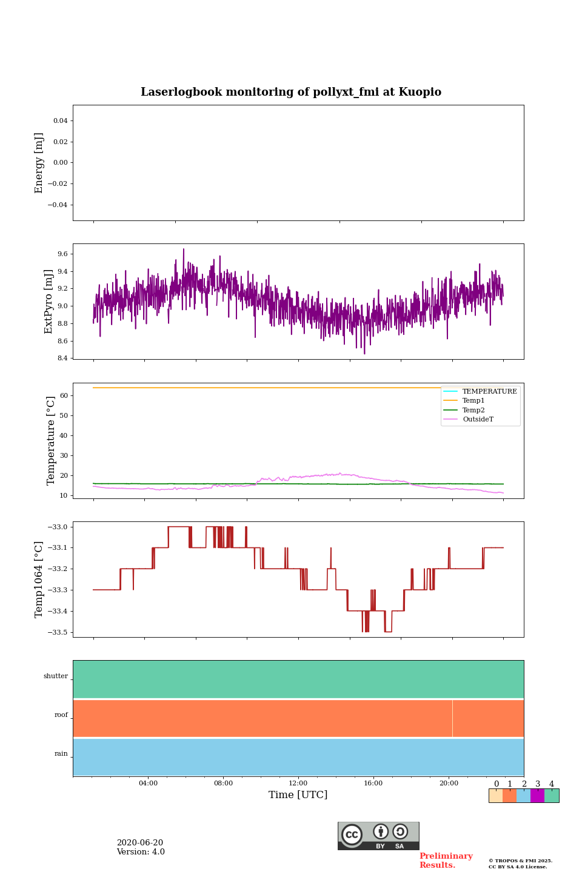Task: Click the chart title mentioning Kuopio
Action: coord(291,92)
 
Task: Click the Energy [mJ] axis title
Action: coord(39,163)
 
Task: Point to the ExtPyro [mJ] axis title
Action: coord(48,302)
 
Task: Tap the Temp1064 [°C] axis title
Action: coord(39,580)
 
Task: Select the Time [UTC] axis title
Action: coord(298,794)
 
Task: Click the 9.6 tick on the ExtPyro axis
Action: coord(62,254)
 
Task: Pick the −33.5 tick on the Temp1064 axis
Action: coord(57,632)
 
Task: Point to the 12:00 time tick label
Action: coord(298,783)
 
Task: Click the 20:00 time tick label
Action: coord(449,783)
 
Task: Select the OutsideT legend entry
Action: coord(478,419)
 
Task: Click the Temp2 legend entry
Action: coord(473,410)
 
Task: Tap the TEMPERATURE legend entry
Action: coord(489,391)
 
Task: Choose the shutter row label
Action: coord(56,676)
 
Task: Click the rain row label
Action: coord(61,753)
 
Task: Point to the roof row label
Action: coord(61,715)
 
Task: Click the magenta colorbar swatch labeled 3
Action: coord(537,796)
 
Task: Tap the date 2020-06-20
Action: coord(140,842)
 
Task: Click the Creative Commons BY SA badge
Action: coord(378,836)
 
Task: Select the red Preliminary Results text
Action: coord(446,860)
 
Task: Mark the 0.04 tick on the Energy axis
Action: coord(60,121)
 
